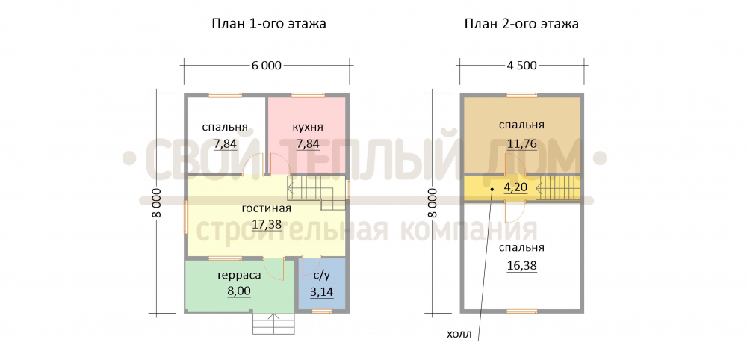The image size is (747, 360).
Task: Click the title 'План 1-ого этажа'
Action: tap(269, 24)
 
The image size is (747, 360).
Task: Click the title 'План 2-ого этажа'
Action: tap(521, 24)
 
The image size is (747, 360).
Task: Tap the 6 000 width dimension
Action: tap(266, 66)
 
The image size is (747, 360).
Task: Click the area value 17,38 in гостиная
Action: tap(267, 224)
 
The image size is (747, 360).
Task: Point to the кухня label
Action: tap(307, 128)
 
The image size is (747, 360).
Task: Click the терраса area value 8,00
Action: tap(240, 291)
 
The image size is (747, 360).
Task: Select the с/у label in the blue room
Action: tap(321, 276)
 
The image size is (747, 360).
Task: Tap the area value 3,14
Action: tap(321, 291)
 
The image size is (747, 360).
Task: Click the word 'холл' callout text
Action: tap(459, 335)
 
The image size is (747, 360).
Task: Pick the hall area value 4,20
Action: tap(515, 187)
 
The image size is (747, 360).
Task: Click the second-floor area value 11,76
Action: tap(521, 143)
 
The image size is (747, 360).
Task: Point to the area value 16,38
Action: tap(521, 265)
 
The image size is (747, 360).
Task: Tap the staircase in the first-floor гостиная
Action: tap(316, 193)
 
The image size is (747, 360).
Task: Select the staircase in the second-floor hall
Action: tap(558, 187)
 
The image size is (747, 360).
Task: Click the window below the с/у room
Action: tap(322, 311)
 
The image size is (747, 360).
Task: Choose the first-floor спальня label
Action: tap(225, 128)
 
